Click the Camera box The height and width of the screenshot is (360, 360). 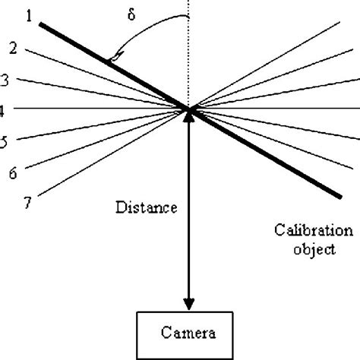(x=188, y=333)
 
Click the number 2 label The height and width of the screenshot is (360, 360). (x=13, y=48)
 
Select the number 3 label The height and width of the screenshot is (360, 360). (x=5, y=79)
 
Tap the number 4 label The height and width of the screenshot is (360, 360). (x=3, y=110)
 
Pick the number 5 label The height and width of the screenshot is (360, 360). (x=4, y=142)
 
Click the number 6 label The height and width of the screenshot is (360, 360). (x=13, y=173)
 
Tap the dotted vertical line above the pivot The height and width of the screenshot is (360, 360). (x=188, y=53)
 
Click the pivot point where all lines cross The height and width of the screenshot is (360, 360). (x=188, y=109)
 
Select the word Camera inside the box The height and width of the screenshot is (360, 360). (x=188, y=333)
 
